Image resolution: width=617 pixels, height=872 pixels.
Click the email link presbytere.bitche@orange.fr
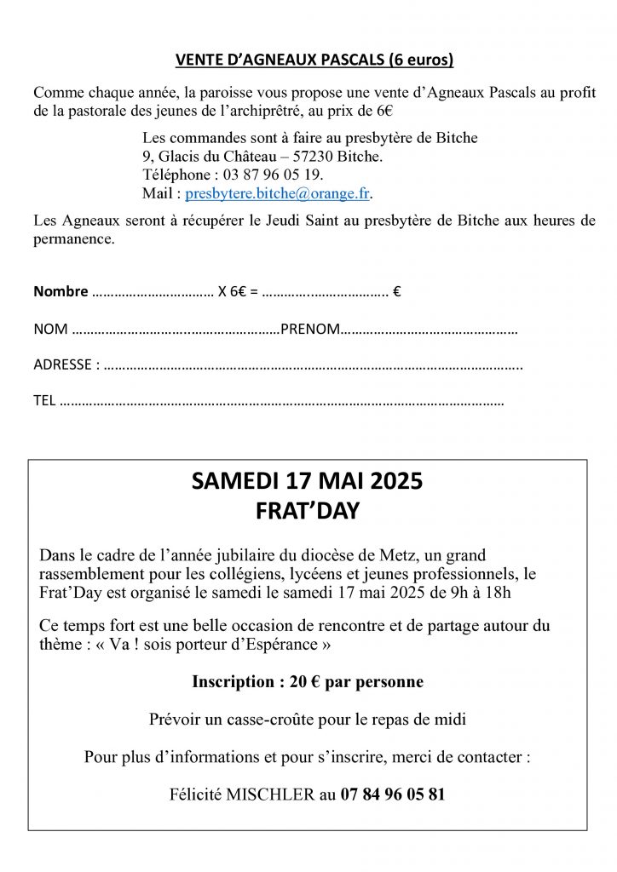coord(278,193)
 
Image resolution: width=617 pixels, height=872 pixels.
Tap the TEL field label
coord(43,401)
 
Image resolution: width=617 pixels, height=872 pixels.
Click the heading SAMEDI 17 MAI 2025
coord(308,484)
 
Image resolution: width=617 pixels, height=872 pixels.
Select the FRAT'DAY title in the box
coord(308,513)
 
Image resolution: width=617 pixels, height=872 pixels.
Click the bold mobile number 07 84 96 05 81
coord(392,795)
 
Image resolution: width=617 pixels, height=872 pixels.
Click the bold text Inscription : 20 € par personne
coord(308,682)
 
